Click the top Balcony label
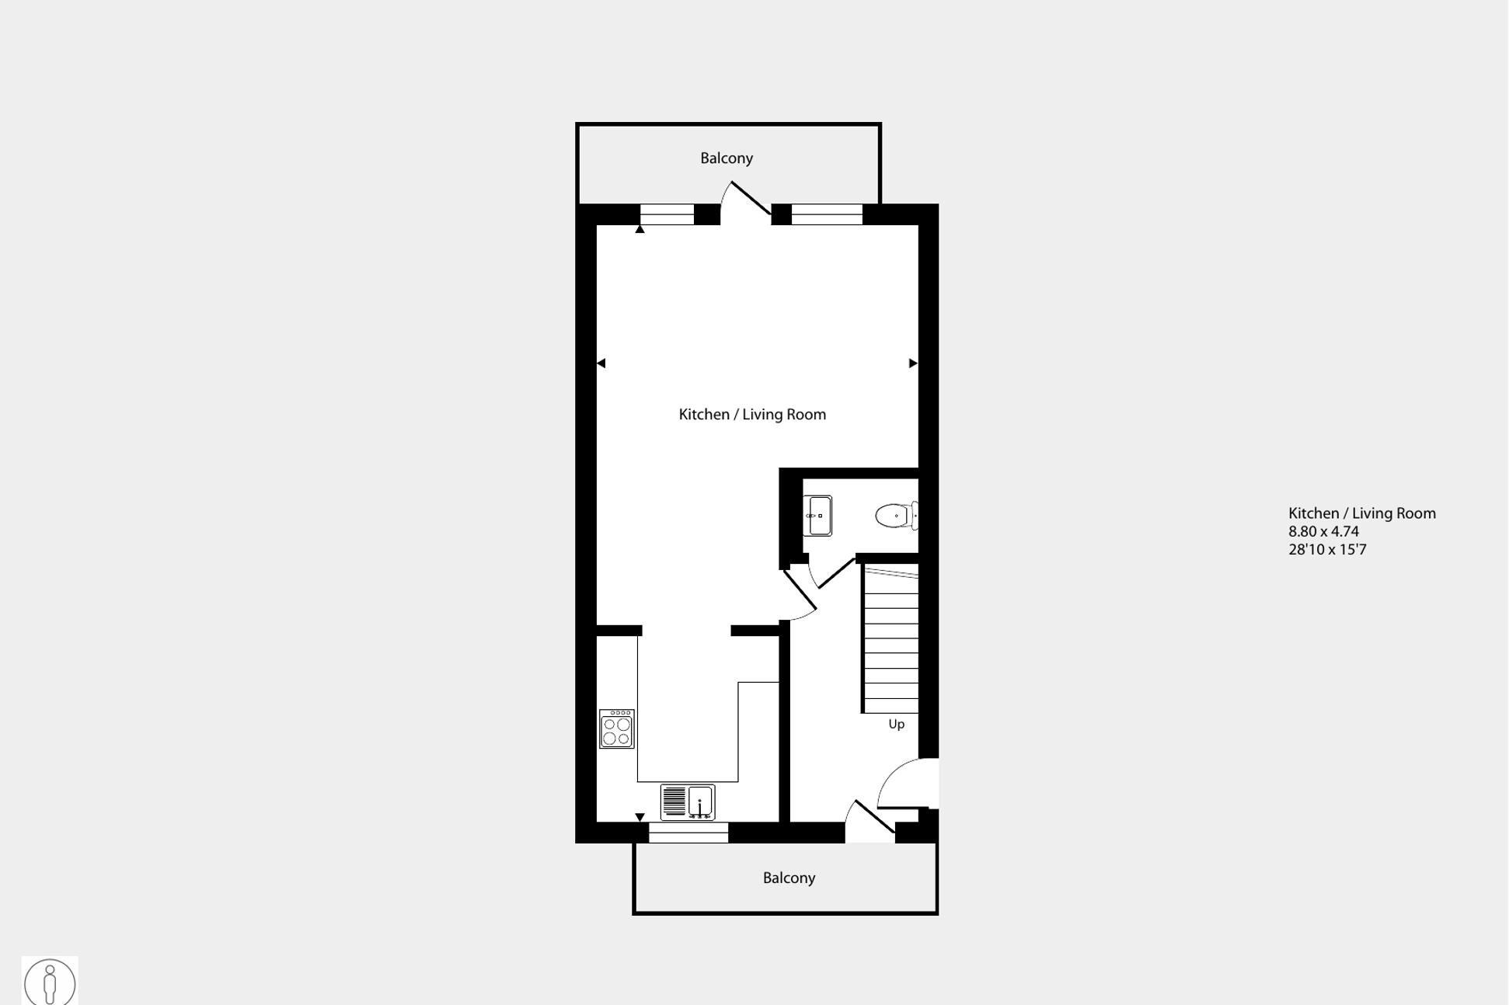[x=727, y=158]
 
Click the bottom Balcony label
[x=789, y=878]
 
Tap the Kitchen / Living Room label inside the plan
[x=752, y=415]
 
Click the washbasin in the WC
[x=817, y=516]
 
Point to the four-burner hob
[x=617, y=729]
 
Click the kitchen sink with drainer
[x=688, y=802]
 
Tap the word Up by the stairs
[x=897, y=725]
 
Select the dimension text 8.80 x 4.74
[x=1323, y=532]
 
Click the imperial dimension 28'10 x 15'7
[x=1327, y=550]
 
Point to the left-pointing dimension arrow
[x=601, y=363]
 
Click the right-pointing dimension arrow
[x=913, y=363]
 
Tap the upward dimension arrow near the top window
[x=640, y=229]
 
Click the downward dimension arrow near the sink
[x=640, y=817]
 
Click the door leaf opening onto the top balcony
[x=751, y=197]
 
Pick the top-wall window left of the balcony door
[x=667, y=214]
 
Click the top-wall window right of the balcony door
[x=827, y=214]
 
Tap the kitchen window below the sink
[x=688, y=833]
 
